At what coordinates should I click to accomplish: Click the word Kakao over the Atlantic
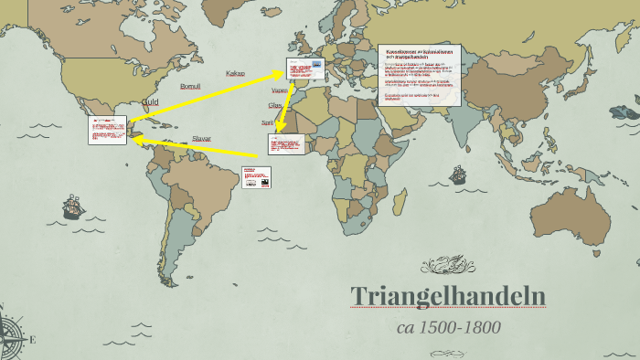[235, 72]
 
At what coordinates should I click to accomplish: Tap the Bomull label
[190, 86]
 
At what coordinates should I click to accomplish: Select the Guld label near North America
[150, 101]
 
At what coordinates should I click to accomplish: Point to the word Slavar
[201, 139]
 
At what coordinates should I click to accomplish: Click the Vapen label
[280, 90]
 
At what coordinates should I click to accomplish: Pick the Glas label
[275, 106]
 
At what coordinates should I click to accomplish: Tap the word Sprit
[268, 122]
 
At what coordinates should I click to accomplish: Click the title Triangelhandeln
[448, 297]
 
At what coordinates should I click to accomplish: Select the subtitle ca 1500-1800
[448, 327]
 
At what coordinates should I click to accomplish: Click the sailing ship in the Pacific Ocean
[72, 208]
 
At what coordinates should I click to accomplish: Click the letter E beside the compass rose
[33, 340]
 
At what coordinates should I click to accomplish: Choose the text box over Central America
[107, 130]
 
